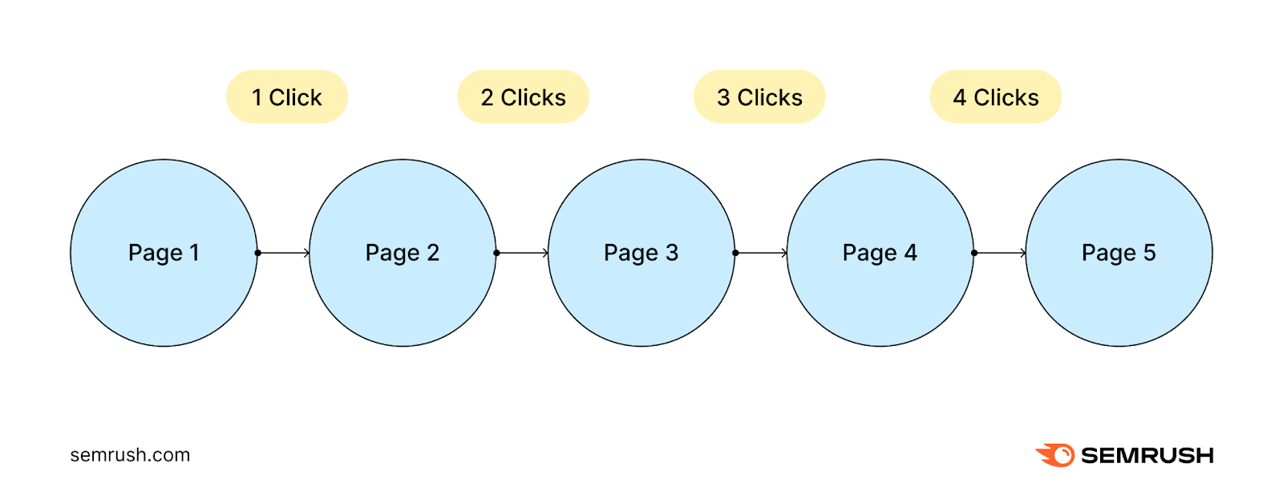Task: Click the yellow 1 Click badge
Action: click(286, 97)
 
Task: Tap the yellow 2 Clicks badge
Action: click(523, 97)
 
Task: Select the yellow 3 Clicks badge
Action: click(759, 97)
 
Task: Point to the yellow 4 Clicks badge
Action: click(995, 97)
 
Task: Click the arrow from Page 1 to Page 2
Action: click(284, 253)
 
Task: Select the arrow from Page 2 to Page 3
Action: click(523, 253)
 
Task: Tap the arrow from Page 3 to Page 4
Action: click(762, 253)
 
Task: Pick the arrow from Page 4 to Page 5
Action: click(1001, 253)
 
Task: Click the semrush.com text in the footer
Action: click(130, 455)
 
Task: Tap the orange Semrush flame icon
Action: click(1055, 455)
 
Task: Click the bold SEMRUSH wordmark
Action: click(1147, 456)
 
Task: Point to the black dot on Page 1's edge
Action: click(257, 253)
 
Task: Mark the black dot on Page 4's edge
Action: click(974, 253)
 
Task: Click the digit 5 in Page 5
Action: click(1149, 252)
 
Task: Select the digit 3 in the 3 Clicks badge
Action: click(723, 98)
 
